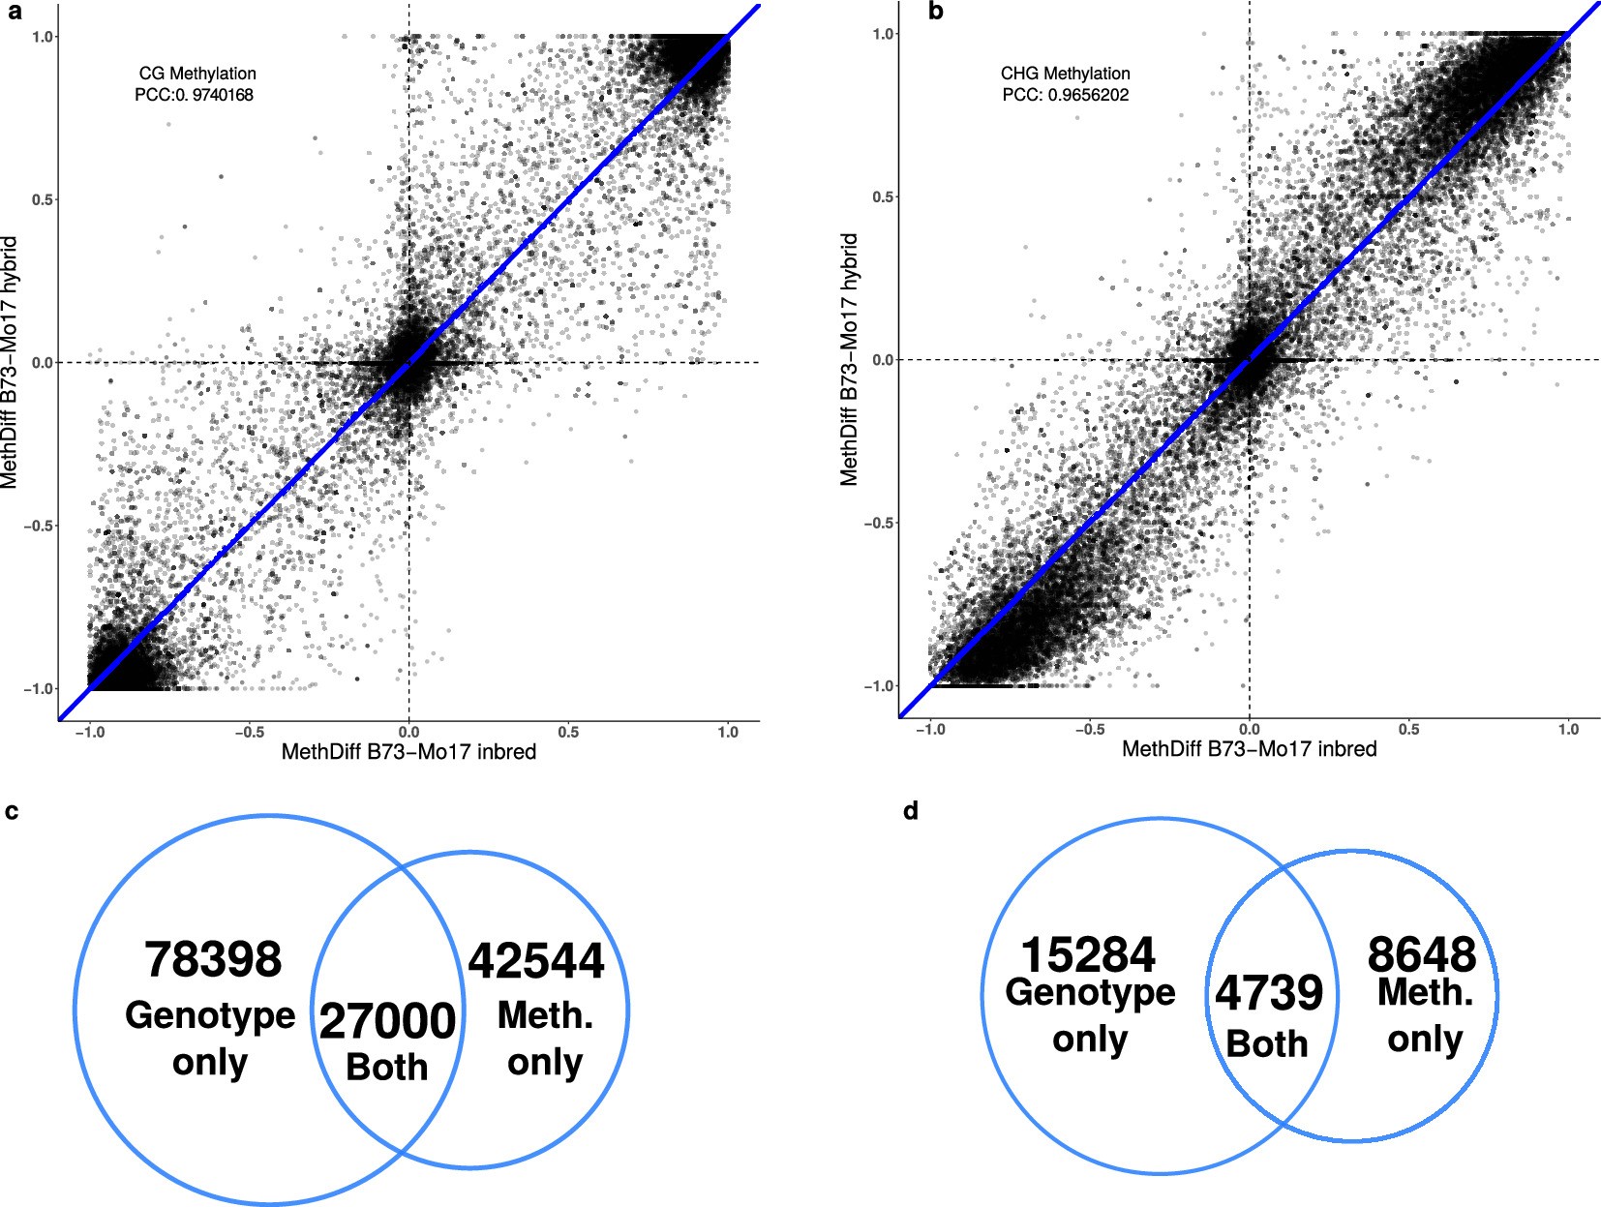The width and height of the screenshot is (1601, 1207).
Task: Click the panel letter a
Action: click(14, 13)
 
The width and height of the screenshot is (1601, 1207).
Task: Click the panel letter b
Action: click(935, 13)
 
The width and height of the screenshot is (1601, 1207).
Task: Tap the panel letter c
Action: click(12, 811)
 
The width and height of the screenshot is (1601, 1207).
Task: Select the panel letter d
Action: click(910, 811)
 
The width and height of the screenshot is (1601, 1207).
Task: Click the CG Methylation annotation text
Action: click(197, 74)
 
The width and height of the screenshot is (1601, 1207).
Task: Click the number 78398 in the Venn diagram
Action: click(213, 960)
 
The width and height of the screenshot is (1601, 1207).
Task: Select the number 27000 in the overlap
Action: click(387, 1021)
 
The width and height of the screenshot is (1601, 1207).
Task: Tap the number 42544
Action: click(536, 961)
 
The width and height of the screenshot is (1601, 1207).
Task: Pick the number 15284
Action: click(1088, 955)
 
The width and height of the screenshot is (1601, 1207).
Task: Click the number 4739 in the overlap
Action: click(1269, 993)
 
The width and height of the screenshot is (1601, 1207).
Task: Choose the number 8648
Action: click(1421, 955)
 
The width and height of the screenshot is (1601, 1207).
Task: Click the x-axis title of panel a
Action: click(408, 752)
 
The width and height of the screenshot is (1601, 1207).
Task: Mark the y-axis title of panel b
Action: click(850, 359)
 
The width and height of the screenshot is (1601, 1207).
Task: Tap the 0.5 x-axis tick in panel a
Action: click(568, 733)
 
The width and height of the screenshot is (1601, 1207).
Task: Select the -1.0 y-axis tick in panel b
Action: click(879, 686)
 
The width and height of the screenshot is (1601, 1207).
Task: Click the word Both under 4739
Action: click(1266, 1044)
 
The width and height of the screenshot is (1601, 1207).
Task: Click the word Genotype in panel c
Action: click(210, 1015)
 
